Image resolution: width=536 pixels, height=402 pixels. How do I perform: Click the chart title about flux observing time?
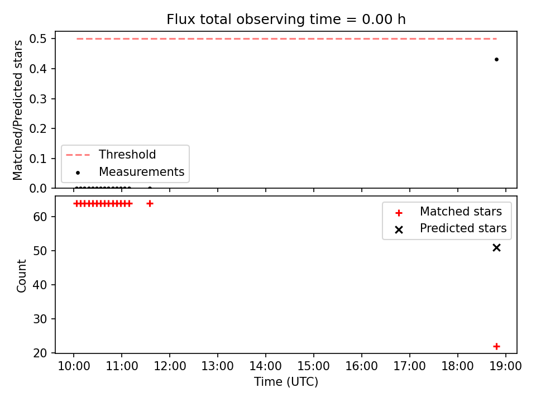pyautogui.click(x=286, y=20)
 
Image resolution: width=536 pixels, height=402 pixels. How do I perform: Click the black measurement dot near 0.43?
pyautogui.click(x=496, y=60)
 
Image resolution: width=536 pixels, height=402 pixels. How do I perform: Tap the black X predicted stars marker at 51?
pyautogui.click(x=496, y=247)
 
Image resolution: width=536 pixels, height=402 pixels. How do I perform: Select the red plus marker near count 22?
pyautogui.click(x=496, y=346)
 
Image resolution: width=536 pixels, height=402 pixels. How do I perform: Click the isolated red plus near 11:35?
pyautogui.click(x=150, y=204)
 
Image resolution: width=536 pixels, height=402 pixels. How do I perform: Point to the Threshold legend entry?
pyautogui.click(x=111, y=155)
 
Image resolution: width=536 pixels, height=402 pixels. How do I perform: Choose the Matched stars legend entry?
pyautogui.click(x=448, y=212)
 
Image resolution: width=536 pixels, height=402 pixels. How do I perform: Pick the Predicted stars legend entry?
pyautogui.click(x=451, y=228)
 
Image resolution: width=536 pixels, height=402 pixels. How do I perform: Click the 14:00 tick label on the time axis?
pyautogui.click(x=266, y=366)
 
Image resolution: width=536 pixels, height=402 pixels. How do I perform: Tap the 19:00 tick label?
pyautogui.click(x=506, y=366)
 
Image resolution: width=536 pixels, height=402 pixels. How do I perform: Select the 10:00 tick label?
pyautogui.click(x=74, y=366)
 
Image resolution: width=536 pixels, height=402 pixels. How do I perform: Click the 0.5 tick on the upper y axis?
pyautogui.click(x=38, y=39)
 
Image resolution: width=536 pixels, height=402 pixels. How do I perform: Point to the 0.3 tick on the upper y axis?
pyautogui.click(x=38, y=99)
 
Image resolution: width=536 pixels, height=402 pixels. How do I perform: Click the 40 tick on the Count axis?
pyautogui.click(x=40, y=285)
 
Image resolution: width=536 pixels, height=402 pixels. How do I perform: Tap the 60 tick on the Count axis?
pyautogui.click(x=40, y=217)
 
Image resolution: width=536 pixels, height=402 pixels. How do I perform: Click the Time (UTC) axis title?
pyautogui.click(x=286, y=381)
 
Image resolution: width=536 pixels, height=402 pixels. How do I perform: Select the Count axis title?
pyautogui.click(x=21, y=275)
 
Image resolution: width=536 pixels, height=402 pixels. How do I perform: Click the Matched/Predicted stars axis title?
pyautogui.click(x=17, y=110)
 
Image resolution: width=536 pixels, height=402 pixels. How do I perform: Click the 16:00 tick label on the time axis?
pyautogui.click(x=362, y=366)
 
